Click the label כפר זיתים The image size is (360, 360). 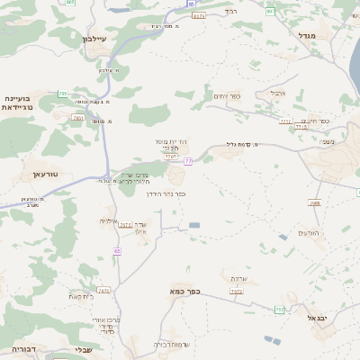click(224, 96)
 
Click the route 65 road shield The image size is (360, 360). click(117, 250)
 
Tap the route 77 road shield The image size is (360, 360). click(189, 161)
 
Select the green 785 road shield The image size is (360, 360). click(62, 94)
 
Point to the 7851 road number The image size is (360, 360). click(79, 117)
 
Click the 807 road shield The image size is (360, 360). click(270, 12)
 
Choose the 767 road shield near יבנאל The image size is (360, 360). click(280, 310)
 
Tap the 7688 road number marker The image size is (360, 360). click(315, 203)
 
